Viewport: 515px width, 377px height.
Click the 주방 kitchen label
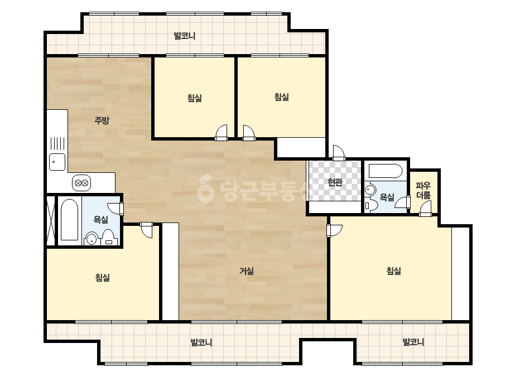tap(102, 120)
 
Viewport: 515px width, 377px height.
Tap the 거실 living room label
tap(247, 271)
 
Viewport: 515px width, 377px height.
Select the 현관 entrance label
tap(335, 182)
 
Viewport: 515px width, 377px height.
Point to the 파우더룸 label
tap(423, 191)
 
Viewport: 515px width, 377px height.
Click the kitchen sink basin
tap(57, 162)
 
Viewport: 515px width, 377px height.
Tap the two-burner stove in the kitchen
tap(81, 183)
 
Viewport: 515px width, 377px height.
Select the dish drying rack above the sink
tap(57, 144)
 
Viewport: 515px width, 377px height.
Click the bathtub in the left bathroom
tap(70, 219)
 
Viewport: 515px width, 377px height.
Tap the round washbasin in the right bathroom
tap(370, 190)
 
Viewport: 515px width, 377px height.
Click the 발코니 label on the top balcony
tap(185, 36)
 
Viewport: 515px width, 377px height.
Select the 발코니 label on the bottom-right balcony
tap(413, 342)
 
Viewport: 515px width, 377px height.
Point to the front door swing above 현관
tap(339, 153)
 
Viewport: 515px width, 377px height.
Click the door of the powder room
tap(425, 209)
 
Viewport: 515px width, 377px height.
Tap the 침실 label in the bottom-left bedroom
tap(103, 278)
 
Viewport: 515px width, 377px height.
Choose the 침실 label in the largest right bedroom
tap(393, 271)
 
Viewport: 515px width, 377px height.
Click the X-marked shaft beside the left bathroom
tap(51, 220)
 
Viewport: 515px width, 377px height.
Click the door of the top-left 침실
tap(222, 133)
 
